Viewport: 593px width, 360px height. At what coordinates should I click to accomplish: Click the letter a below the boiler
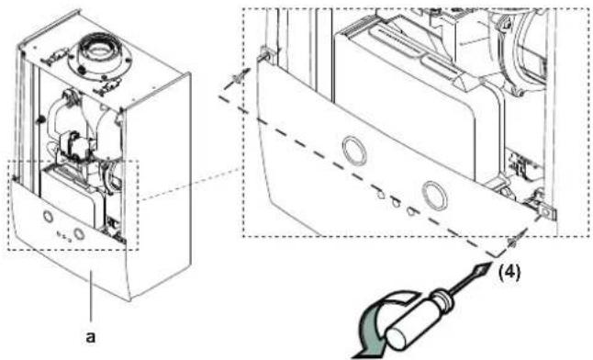(x=90, y=336)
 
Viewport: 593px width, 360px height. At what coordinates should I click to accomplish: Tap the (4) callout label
(x=508, y=272)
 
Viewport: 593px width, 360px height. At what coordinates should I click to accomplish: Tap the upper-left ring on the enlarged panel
(x=354, y=150)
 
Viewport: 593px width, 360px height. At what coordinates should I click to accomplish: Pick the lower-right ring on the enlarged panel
(x=434, y=195)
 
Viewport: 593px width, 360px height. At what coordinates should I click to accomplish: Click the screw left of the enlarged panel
(x=240, y=78)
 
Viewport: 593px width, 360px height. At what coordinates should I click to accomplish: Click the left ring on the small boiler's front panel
(x=48, y=217)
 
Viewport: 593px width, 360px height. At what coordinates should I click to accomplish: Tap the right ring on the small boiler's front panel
(x=79, y=234)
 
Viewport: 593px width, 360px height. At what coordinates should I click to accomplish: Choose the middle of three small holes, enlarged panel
(x=396, y=204)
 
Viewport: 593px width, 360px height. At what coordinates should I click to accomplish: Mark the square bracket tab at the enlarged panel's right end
(x=547, y=213)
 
